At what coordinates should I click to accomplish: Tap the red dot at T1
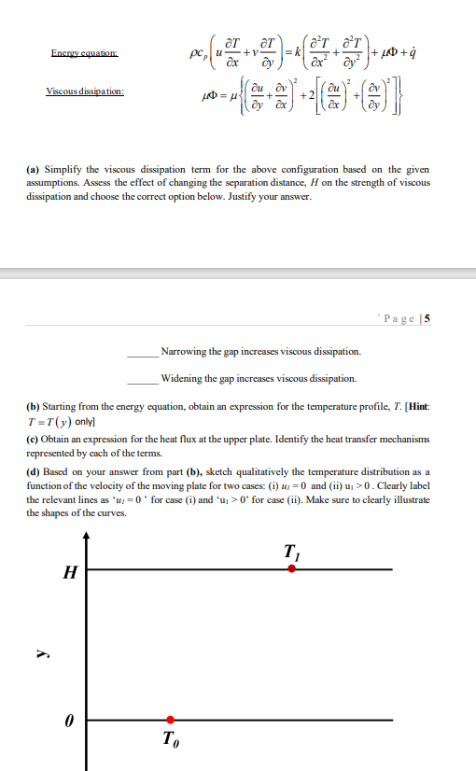coord(291,568)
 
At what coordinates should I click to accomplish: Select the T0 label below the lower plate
coord(170,739)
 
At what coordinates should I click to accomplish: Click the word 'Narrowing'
coord(185,352)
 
